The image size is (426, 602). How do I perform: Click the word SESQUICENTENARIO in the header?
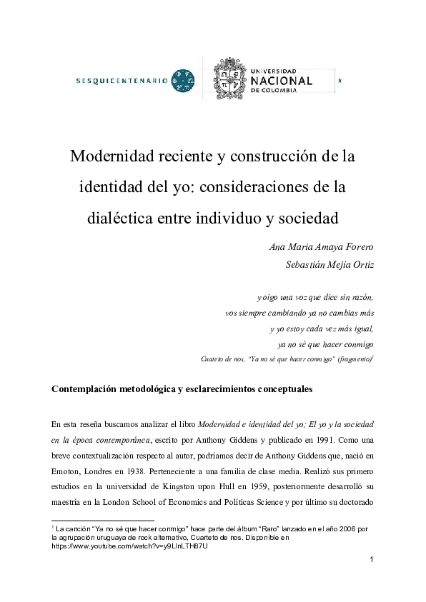coord(122,81)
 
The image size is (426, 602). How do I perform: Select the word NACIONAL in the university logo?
coord(282,81)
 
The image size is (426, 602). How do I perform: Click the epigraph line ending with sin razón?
coord(314,296)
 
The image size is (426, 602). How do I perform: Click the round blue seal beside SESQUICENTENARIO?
coord(184,81)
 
